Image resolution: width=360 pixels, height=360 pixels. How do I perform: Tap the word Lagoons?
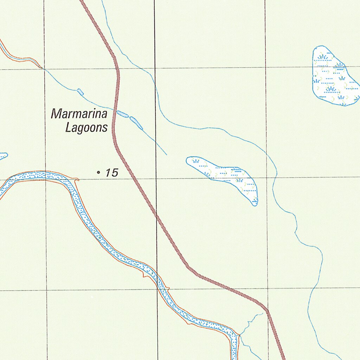click(86, 128)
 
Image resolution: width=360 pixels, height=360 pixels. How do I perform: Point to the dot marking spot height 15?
click(98, 172)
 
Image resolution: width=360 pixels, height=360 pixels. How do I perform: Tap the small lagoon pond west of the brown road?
click(81, 92)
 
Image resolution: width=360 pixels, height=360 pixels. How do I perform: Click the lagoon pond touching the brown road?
click(122, 114)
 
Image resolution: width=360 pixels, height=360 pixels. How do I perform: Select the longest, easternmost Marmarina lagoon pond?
click(136, 123)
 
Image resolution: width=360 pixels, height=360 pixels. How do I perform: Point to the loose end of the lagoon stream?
click(166, 154)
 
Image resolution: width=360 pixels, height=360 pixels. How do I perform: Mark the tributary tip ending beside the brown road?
click(263, 314)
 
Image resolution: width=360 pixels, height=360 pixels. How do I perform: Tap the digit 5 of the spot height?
click(114, 173)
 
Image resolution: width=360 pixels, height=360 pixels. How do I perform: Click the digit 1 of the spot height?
click(107, 173)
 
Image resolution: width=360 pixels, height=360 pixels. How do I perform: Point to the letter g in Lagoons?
click(81, 129)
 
